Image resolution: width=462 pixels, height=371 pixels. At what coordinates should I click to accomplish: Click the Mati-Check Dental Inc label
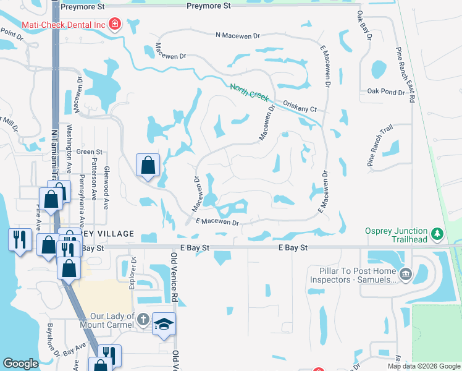[63, 25]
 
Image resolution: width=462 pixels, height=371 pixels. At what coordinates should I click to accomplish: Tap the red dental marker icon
[114, 25]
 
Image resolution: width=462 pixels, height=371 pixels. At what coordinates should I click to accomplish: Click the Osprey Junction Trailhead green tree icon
[438, 234]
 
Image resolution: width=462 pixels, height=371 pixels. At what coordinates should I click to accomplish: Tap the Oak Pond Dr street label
[385, 92]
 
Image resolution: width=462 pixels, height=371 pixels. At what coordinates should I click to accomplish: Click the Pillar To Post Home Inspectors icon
[406, 275]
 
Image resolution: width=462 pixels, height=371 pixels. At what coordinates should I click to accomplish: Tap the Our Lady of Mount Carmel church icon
[142, 320]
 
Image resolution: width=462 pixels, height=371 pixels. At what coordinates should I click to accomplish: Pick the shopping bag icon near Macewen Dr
[148, 165]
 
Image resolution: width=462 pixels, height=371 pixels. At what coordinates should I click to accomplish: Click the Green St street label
[90, 151]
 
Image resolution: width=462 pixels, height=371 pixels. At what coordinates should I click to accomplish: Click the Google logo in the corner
[20, 364]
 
